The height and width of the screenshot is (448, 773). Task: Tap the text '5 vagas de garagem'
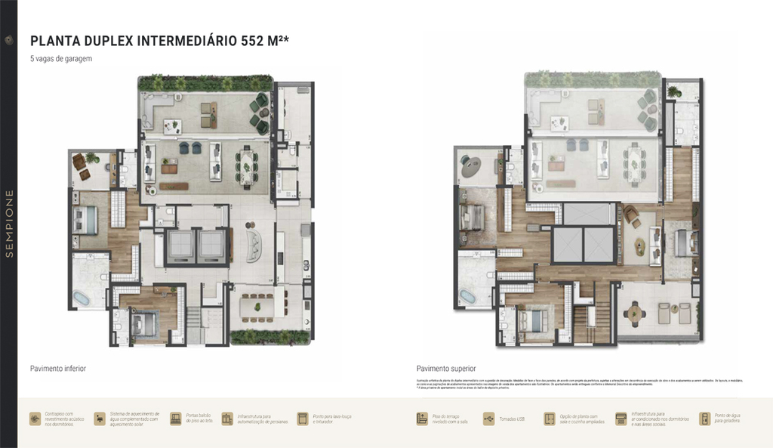pyautogui.click(x=61, y=59)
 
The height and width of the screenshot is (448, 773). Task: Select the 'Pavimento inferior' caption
pyautogui.click(x=58, y=368)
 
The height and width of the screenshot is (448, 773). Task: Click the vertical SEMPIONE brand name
pyautogui.click(x=9, y=224)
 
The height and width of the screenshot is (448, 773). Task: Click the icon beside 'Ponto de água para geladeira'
pyautogui.click(x=704, y=418)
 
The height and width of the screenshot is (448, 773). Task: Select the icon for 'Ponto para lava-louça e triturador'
pyautogui.click(x=303, y=418)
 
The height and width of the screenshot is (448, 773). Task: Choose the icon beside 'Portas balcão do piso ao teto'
pyautogui.click(x=176, y=418)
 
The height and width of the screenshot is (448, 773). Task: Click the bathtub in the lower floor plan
pyautogui.click(x=81, y=298)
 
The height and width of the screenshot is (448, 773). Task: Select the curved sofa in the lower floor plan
pyautogui.click(x=254, y=245)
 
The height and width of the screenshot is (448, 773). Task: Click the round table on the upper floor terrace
pyautogui.click(x=636, y=311)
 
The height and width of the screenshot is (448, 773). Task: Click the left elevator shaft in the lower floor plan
pyautogui.click(x=181, y=245)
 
